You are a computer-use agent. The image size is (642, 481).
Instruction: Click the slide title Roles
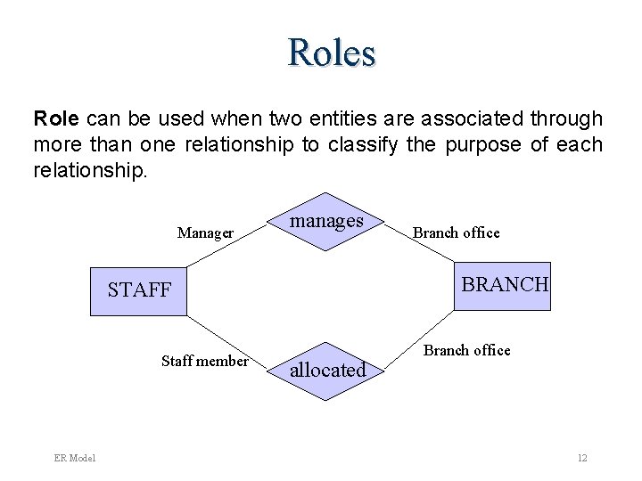(332, 53)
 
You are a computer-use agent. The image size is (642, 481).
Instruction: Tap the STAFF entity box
(138, 290)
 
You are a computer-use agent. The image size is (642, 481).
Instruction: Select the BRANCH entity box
(502, 285)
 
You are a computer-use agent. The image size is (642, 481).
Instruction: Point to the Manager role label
(205, 233)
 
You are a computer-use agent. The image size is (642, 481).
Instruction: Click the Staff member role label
(204, 361)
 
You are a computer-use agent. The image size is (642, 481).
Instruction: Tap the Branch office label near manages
(456, 232)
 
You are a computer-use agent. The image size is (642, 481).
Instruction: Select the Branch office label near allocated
(466, 350)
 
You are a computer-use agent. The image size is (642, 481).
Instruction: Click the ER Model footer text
(74, 458)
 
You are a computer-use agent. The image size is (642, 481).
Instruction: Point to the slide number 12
(581, 458)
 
